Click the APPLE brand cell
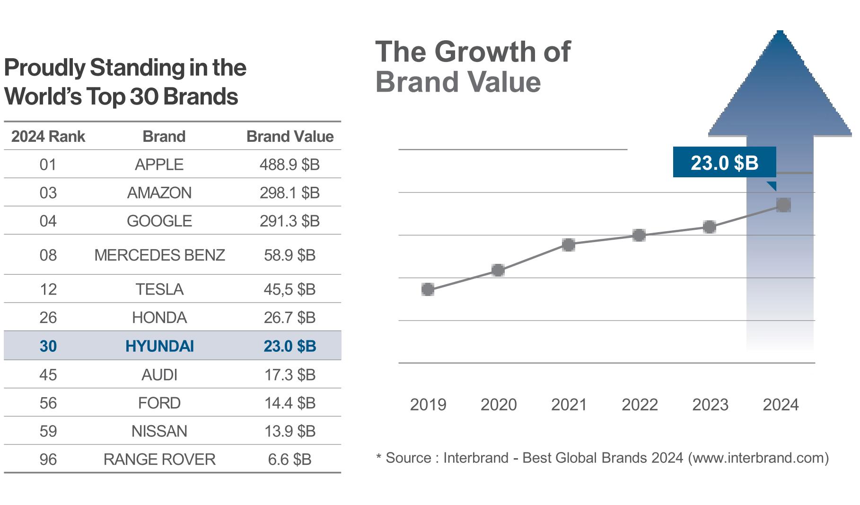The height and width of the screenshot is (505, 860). pyautogui.click(x=159, y=165)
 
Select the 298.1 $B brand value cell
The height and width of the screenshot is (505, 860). pyautogui.click(x=290, y=193)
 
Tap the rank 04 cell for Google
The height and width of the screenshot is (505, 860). pyautogui.click(x=48, y=221)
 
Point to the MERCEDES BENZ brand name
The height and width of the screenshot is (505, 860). pyautogui.click(x=159, y=255)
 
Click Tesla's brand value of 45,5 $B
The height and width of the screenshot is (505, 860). pyautogui.click(x=290, y=289)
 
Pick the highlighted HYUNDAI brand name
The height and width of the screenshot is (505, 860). pyautogui.click(x=159, y=346)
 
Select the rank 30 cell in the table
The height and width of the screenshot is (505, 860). pyautogui.click(x=48, y=346)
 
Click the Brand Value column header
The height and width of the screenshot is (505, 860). pyautogui.click(x=290, y=137)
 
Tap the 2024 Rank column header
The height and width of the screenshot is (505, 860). pyautogui.click(x=48, y=137)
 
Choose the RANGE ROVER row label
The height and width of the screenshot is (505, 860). pyautogui.click(x=159, y=459)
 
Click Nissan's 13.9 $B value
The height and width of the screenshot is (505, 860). pyautogui.click(x=290, y=431)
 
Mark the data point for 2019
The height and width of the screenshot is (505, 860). pyautogui.click(x=428, y=289)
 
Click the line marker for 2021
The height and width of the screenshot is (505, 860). pyautogui.click(x=569, y=244)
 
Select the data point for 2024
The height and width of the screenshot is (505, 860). pyautogui.click(x=783, y=205)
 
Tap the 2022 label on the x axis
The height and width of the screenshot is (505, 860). pyautogui.click(x=640, y=405)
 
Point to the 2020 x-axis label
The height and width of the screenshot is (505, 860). pyautogui.click(x=499, y=405)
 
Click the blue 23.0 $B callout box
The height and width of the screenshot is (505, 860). pyautogui.click(x=724, y=163)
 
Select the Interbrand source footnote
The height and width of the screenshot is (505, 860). pyautogui.click(x=602, y=458)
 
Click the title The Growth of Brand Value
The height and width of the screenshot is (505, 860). pyautogui.click(x=473, y=66)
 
